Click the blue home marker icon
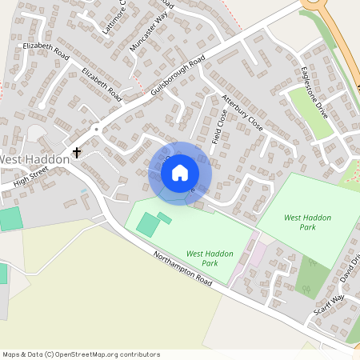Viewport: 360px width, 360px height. coord(180,173)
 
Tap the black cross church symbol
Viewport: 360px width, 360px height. coord(78,152)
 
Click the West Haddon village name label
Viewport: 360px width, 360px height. coord(34,160)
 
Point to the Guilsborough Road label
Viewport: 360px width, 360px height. coord(178,77)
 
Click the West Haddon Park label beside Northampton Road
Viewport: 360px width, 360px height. coord(210,258)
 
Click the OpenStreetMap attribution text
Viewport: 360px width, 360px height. coord(81,354)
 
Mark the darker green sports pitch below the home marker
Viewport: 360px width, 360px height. coord(147,225)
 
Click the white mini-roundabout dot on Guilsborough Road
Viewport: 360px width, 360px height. coord(96,128)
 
